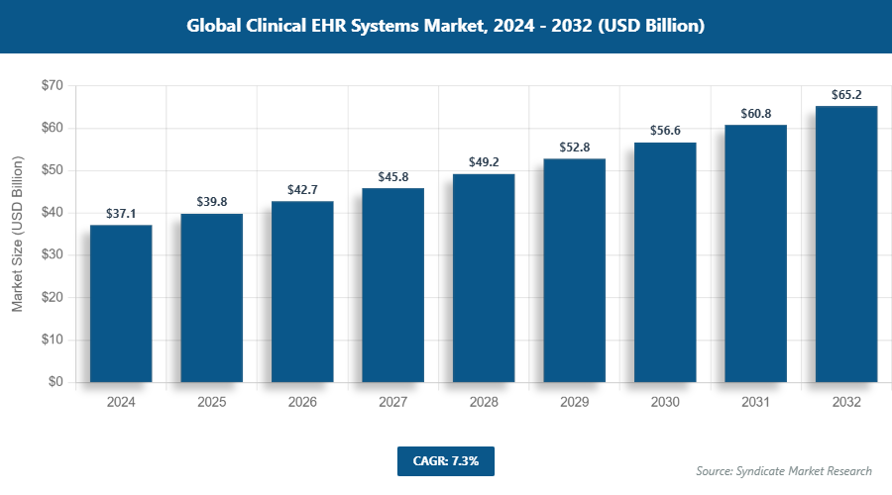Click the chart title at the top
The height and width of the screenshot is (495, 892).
click(x=446, y=26)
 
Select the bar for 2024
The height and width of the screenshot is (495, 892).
click(x=121, y=303)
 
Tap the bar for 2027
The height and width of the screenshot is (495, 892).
click(x=392, y=285)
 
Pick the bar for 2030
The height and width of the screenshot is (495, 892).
click(x=665, y=262)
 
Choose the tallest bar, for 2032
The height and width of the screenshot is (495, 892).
click(x=846, y=244)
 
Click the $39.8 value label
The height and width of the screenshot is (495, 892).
click(x=211, y=202)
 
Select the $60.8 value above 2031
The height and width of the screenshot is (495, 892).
click(x=755, y=113)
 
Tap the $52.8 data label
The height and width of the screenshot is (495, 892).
click(x=574, y=148)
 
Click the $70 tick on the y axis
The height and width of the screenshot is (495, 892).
click(x=51, y=86)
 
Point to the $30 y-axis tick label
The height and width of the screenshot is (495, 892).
click(x=51, y=255)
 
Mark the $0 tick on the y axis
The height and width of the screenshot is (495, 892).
click(x=55, y=382)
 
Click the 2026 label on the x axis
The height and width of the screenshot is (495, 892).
click(x=302, y=403)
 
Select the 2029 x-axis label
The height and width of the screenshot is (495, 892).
click(x=574, y=403)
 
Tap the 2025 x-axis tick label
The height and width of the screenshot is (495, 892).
click(x=211, y=403)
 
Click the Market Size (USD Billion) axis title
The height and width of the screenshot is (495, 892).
click(x=18, y=234)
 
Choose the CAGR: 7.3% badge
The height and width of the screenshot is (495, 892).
click(x=445, y=461)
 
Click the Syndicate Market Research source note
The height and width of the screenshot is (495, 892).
click(x=784, y=471)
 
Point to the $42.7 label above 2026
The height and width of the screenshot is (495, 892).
click(x=302, y=189)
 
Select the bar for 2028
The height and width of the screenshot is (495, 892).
click(x=484, y=277)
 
